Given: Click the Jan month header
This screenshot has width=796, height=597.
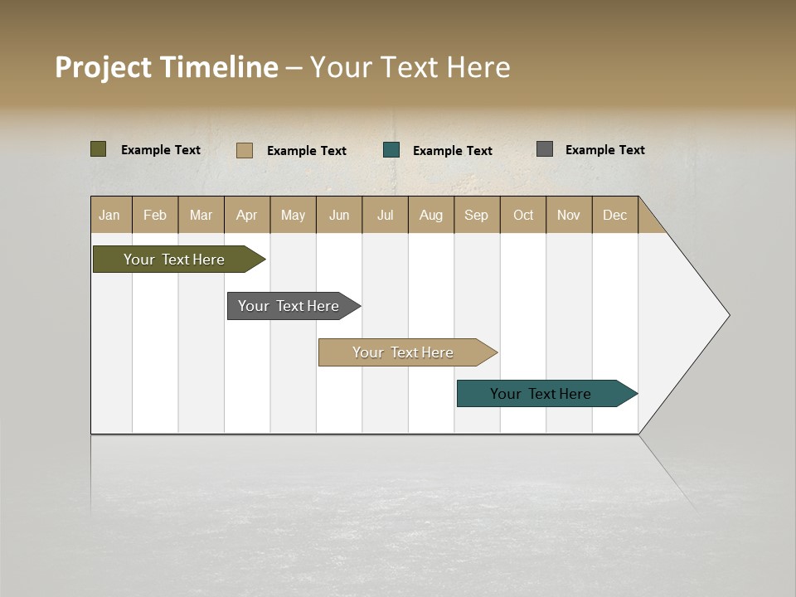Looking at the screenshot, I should [110, 215].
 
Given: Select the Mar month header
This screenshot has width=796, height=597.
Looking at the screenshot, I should [201, 215].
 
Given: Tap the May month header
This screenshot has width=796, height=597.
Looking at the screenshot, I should [293, 215].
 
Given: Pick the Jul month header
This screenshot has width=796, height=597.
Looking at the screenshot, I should [385, 215].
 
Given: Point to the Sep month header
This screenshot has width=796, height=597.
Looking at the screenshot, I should [476, 215].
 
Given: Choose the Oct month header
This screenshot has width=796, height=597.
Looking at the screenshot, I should [523, 215].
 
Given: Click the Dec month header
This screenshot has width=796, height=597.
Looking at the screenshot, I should [614, 215].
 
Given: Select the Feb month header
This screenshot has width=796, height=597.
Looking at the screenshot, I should [155, 215].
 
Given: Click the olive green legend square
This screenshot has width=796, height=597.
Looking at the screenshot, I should [99, 149].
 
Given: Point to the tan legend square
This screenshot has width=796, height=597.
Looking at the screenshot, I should [245, 150].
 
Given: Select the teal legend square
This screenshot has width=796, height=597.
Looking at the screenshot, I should [391, 150].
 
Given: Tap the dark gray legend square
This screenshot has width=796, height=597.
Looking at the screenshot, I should [545, 149].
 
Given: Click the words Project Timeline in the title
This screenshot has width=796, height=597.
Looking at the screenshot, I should [167, 67].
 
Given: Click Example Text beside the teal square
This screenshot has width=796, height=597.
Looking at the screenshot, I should [453, 151].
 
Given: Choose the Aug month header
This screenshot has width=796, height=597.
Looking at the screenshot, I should [430, 215].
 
